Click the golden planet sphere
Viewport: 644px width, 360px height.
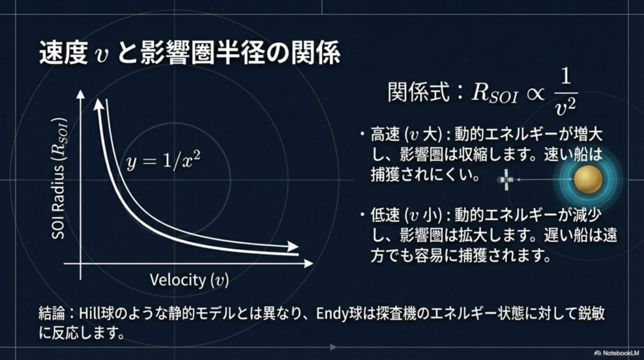[588, 179]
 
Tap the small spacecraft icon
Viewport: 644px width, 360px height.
[506, 179]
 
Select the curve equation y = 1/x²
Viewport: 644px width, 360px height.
[164, 160]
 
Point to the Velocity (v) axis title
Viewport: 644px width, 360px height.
[189, 280]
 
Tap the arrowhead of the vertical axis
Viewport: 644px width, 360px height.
[80, 94]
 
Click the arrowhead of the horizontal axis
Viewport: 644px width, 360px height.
[308, 264]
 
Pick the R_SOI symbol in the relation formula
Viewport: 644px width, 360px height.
[494, 93]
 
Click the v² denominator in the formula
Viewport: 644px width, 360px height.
[565, 107]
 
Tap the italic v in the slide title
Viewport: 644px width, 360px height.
[101, 55]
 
